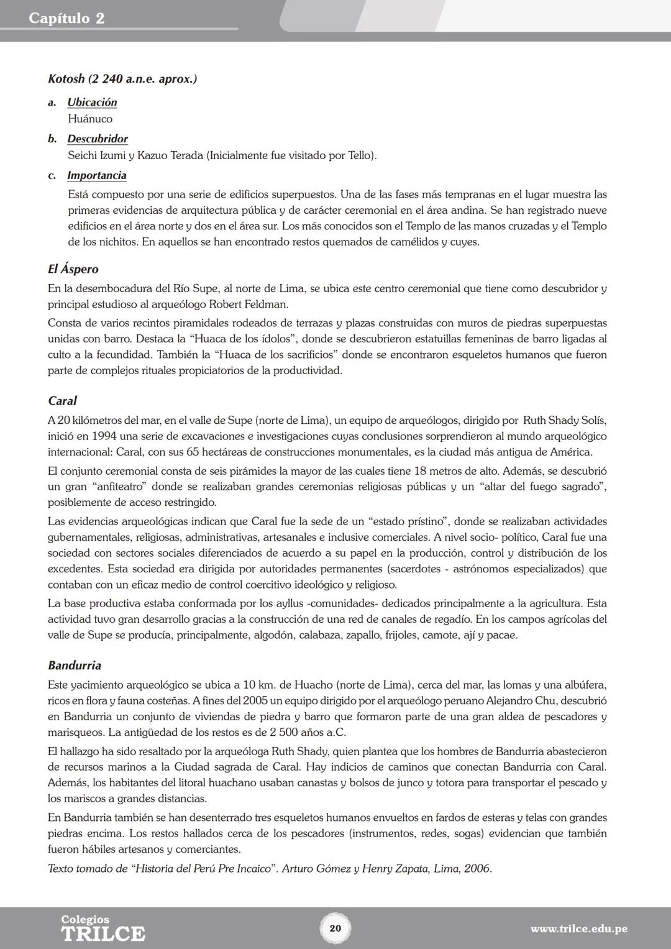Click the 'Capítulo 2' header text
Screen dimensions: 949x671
tap(66, 18)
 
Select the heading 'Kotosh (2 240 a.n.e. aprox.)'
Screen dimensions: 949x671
tap(122, 79)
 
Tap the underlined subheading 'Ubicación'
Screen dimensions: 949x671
tap(92, 102)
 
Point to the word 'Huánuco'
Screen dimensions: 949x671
tap(90, 119)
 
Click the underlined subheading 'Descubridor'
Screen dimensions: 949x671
tap(98, 139)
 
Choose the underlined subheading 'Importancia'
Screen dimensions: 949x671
tap(97, 175)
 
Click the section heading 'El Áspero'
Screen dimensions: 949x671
tap(73, 269)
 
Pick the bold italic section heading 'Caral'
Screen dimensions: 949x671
tap(62, 401)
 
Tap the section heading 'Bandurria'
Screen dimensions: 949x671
tap(75, 665)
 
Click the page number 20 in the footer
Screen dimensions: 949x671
tap(335, 928)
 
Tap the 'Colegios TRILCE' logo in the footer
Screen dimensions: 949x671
tap(103, 928)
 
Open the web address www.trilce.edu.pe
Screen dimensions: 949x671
tap(578, 929)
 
